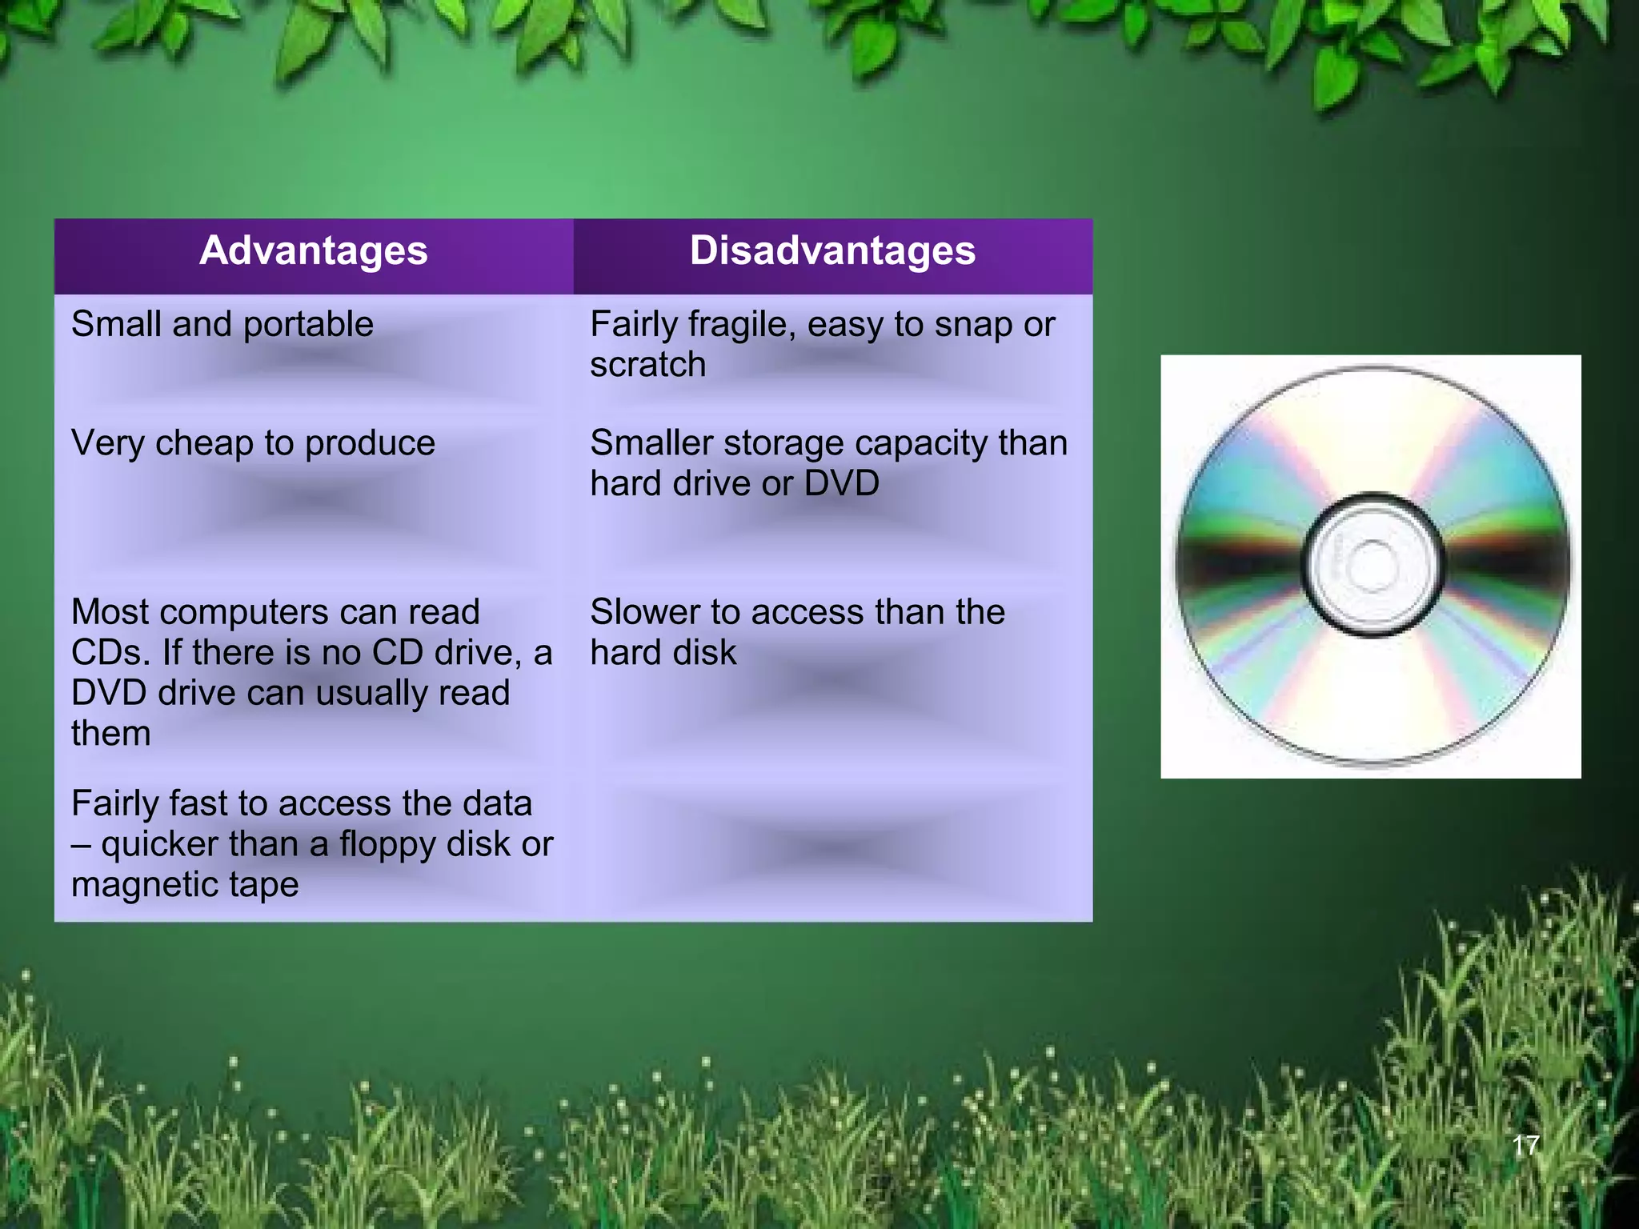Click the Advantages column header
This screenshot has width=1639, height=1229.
[x=313, y=251]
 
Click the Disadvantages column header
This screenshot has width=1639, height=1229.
[x=832, y=251]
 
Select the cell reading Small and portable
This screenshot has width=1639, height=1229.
[x=222, y=325]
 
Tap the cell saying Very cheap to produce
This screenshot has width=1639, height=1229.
[x=253, y=443]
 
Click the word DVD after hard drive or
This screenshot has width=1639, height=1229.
[x=841, y=483]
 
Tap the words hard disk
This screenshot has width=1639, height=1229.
[x=663, y=653]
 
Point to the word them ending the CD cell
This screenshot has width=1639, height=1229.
[x=110, y=734]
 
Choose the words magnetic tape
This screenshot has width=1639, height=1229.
[x=185, y=885]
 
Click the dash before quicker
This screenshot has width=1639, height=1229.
[x=80, y=845]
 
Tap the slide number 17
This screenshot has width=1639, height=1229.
[x=1525, y=1146]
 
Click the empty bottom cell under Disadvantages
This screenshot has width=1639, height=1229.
[x=832, y=848]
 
